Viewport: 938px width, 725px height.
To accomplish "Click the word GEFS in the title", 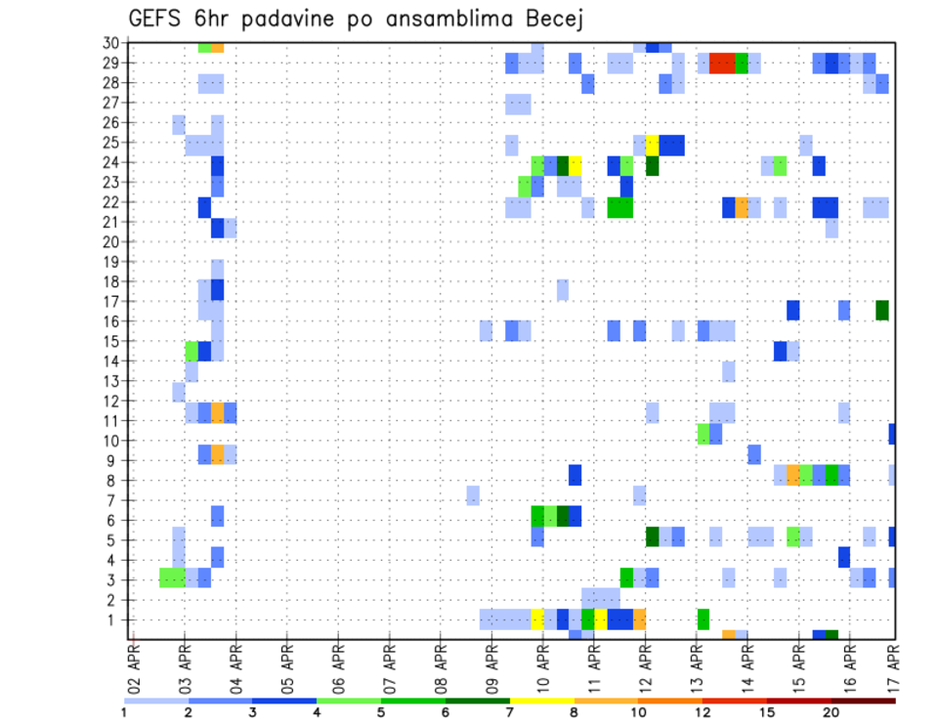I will coord(158,19).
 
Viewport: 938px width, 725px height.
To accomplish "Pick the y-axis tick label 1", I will coord(113,619).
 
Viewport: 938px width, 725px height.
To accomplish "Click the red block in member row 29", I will coord(722,64).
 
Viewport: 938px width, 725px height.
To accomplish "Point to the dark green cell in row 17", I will coord(882,310).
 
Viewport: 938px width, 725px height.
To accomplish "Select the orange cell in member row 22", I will coord(742,207).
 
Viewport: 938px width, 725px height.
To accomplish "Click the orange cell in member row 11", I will coord(217,412).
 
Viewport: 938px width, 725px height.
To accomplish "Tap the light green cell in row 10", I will coord(703,434).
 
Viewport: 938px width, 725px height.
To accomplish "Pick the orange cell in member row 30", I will coord(217,46).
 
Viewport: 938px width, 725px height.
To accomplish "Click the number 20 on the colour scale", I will coord(831,712).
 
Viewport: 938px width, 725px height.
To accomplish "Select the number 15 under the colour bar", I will coord(767,712).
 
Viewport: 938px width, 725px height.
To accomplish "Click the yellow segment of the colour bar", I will coord(542,701).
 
